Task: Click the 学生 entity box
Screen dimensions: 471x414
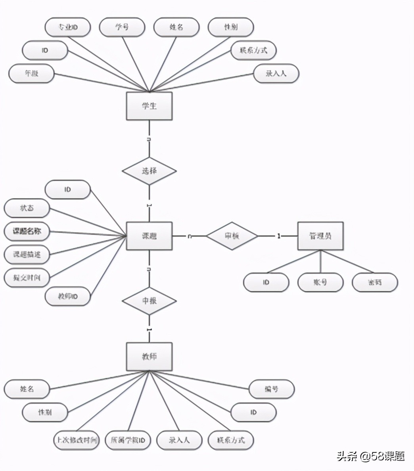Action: click(x=149, y=106)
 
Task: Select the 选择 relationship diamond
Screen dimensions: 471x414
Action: click(x=149, y=171)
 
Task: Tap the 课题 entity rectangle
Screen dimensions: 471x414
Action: click(x=149, y=236)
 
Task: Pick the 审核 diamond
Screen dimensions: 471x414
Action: click(x=232, y=236)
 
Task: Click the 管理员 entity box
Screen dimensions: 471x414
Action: click(x=320, y=236)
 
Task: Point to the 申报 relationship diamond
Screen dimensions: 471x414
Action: click(x=149, y=301)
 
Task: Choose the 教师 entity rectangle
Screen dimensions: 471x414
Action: click(x=149, y=357)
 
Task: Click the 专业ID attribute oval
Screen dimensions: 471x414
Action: click(x=68, y=27)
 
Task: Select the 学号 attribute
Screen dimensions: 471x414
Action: click(x=122, y=27)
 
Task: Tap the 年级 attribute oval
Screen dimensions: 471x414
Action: click(x=31, y=73)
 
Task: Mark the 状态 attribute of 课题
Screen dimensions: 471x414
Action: click(x=27, y=208)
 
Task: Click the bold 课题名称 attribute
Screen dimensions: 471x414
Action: click(x=27, y=231)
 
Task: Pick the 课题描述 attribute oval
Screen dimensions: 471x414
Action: click(x=27, y=254)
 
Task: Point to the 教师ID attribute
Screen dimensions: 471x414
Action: click(x=68, y=296)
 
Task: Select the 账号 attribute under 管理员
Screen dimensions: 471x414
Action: click(x=320, y=282)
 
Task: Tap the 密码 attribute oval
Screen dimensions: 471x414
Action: click(x=375, y=282)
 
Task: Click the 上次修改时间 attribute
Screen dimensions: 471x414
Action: click(x=76, y=440)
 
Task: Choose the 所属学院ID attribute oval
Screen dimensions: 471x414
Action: click(x=128, y=440)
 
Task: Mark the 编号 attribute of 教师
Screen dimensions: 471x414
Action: click(x=272, y=389)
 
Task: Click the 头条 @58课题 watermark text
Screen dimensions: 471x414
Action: click(x=371, y=456)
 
